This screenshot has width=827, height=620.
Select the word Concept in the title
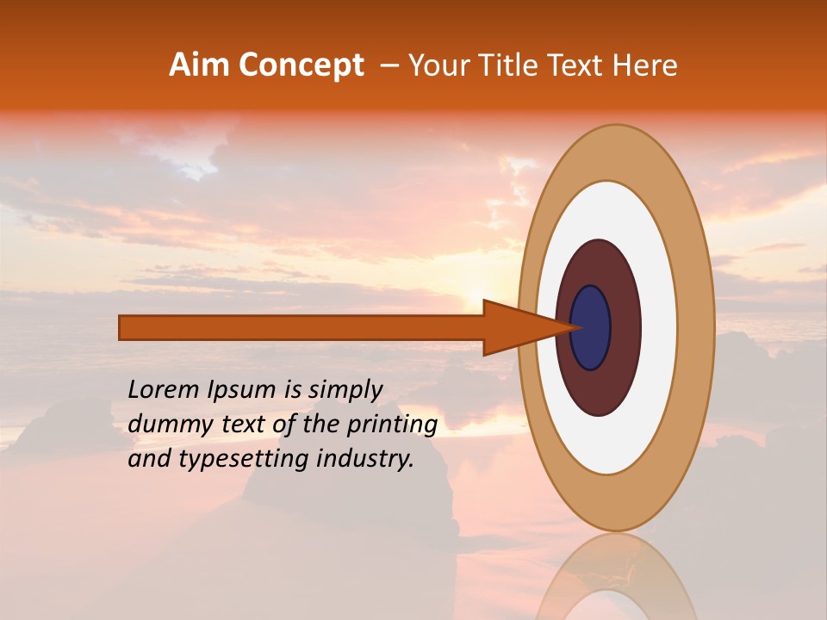301,65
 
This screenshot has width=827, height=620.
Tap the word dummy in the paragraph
164,425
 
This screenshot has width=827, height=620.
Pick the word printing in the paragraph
392,425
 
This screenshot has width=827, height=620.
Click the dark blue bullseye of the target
592,327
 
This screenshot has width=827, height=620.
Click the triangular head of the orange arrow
525,327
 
